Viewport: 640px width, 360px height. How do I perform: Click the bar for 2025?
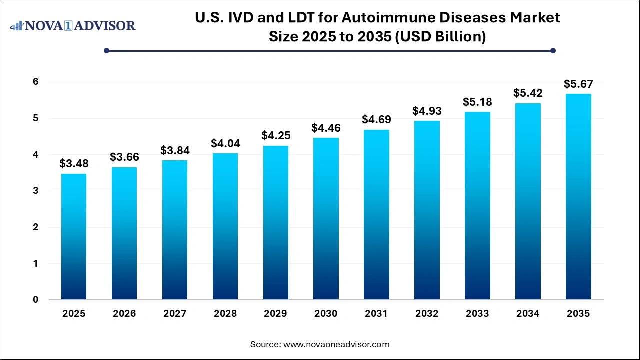click(x=74, y=237)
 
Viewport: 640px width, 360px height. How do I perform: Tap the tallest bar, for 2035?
click(x=578, y=197)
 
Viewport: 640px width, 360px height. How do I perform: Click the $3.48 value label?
click(x=74, y=163)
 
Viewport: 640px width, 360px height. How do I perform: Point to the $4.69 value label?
click(x=376, y=120)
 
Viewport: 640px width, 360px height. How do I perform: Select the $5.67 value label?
click(x=578, y=83)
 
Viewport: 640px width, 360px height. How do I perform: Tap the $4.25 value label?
click(x=275, y=135)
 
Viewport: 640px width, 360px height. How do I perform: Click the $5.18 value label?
click(x=477, y=102)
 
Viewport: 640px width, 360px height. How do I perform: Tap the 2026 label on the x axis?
click(x=124, y=314)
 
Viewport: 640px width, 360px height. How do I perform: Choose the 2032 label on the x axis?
click(x=427, y=314)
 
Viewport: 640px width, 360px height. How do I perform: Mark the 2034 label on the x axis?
click(x=528, y=314)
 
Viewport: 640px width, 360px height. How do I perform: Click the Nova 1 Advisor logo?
click(x=73, y=25)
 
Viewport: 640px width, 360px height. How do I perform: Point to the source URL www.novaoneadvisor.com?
click(x=336, y=344)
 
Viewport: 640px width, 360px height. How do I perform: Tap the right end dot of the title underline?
click(x=553, y=50)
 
